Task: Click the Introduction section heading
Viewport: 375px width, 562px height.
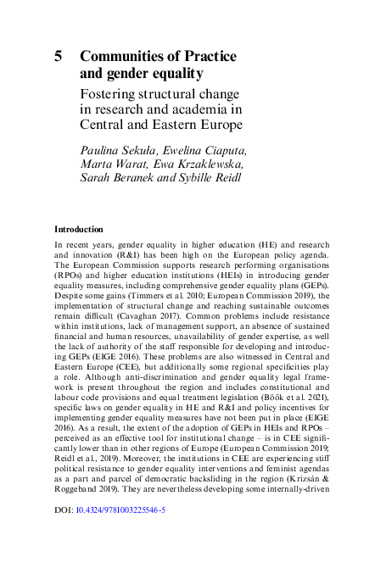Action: pos(80,230)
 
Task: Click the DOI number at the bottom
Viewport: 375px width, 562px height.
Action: pos(114,534)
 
